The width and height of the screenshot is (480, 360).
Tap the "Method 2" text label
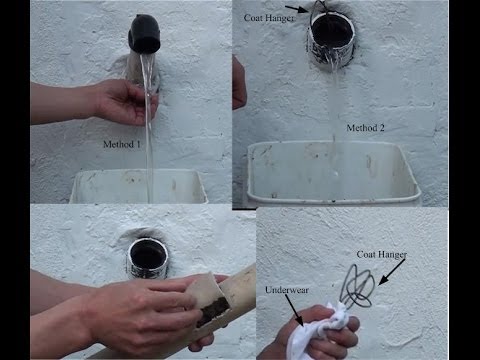367,128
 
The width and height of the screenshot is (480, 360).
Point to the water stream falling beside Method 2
333,120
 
